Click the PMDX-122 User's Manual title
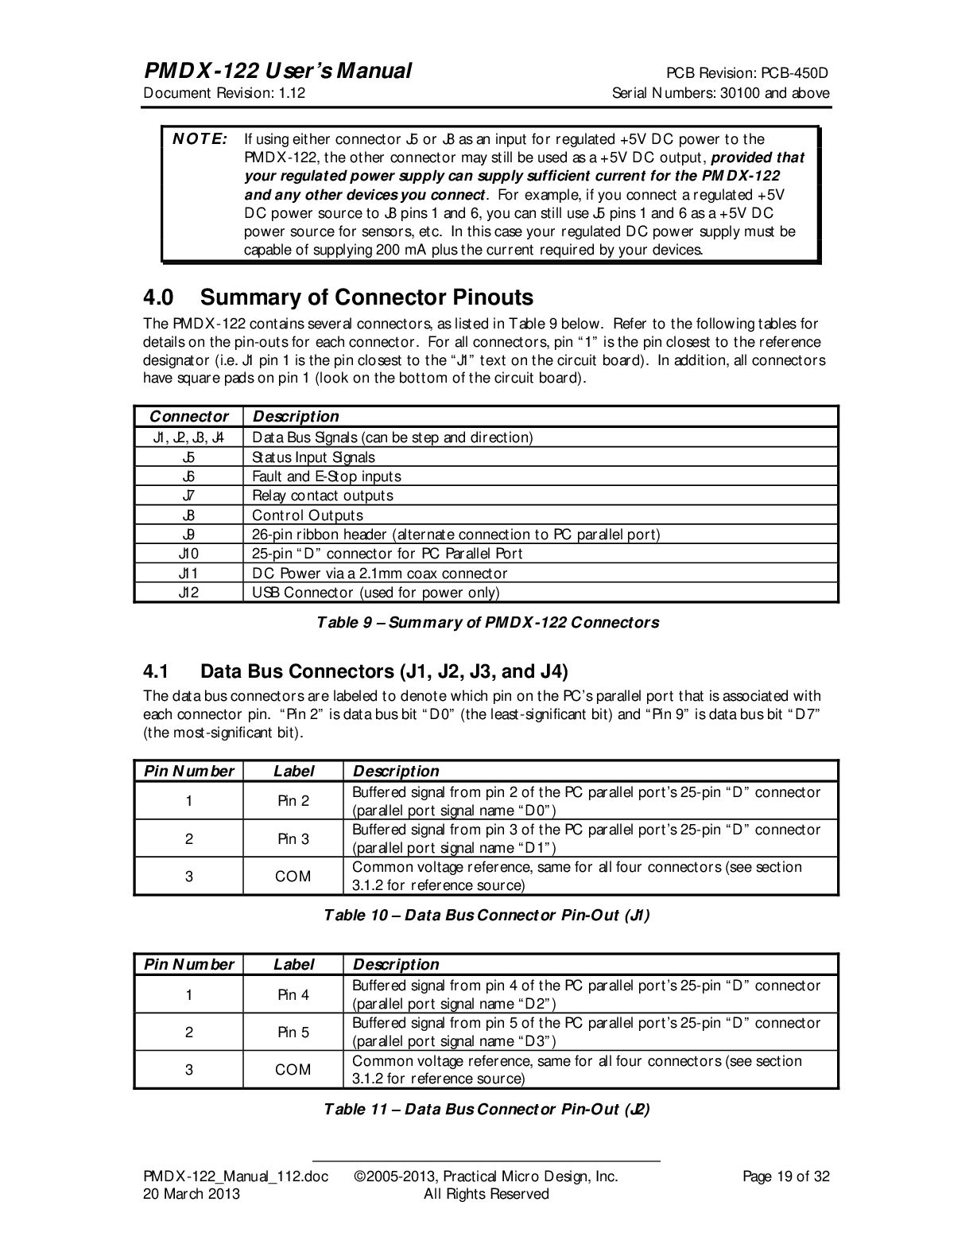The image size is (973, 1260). click(x=277, y=72)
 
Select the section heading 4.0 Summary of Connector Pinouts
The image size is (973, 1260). click(x=338, y=297)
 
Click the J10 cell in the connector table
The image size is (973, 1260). click(x=188, y=554)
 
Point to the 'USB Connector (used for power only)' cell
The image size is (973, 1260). click(x=375, y=593)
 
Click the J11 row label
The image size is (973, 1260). click(x=188, y=573)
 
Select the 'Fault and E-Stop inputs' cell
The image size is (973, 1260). click(x=327, y=476)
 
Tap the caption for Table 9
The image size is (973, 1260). click(x=488, y=622)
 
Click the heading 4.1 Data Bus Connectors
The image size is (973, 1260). click(x=355, y=670)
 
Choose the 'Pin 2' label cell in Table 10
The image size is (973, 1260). click(x=293, y=801)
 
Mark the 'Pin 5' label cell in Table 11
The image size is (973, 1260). click(x=293, y=1032)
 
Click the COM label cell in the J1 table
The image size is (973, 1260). click(x=293, y=877)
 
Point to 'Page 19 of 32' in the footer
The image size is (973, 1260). click(x=785, y=1176)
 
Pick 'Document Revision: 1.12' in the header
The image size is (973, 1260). click(x=224, y=93)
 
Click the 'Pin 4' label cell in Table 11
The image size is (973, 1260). click(x=293, y=995)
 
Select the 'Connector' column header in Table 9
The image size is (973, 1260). click(x=188, y=417)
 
